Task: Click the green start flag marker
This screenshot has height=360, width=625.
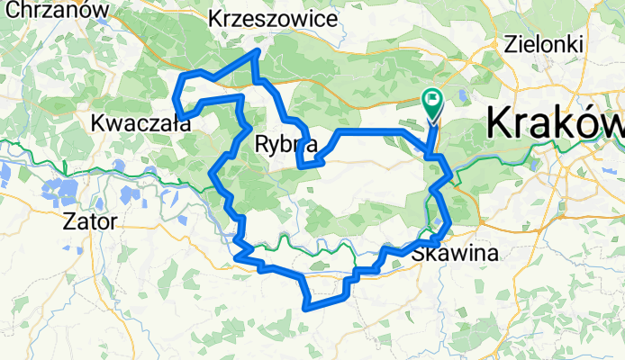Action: pos(433,103)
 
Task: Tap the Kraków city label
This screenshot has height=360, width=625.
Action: pos(555,122)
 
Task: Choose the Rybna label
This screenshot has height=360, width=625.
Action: pos(285,142)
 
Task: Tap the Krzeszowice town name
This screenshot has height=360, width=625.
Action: pos(273,18)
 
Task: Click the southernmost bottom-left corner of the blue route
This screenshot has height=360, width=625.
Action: pos(308,307)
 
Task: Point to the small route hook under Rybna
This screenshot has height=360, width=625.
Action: pos(306,163)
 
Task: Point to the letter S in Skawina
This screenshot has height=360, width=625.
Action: pos(420,256)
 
